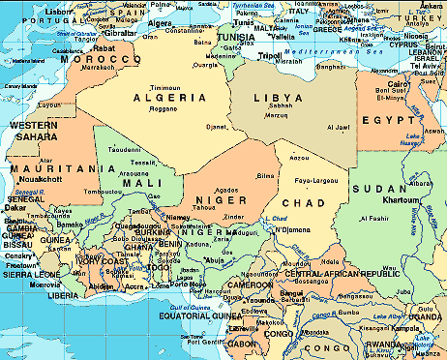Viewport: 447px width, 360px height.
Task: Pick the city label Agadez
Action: pyautogui.click(x=225, y=191)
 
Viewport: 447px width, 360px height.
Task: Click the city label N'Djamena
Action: pyautogui.click(x=292, y=228)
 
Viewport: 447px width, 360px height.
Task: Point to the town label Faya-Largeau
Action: pyautogui.click(x=314, y=181)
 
